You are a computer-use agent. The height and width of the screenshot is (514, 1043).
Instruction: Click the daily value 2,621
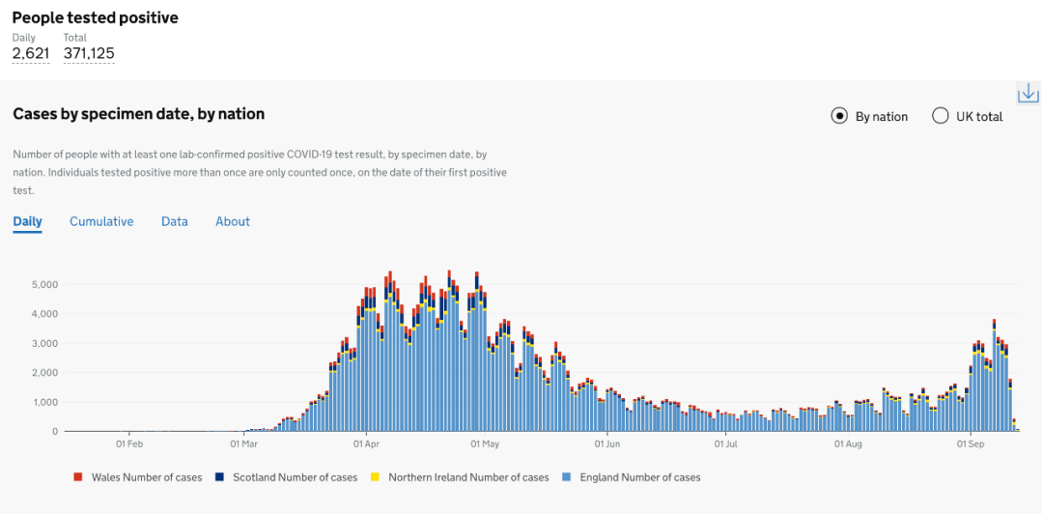point(31,53)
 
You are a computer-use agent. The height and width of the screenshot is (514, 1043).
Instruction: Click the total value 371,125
point(89,53)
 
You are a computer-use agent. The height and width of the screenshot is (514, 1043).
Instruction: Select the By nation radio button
point(839,116)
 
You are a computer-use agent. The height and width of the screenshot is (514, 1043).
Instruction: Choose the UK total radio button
point(941,116)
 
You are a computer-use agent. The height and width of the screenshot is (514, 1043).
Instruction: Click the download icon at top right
point(1028,94)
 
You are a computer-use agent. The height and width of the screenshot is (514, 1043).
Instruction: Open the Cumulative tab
point(101,221)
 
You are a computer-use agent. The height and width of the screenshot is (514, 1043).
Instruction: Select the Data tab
point(175,221)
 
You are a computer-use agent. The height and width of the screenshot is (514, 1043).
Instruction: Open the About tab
point(233,221)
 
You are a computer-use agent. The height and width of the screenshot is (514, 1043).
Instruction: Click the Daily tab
point(27,221)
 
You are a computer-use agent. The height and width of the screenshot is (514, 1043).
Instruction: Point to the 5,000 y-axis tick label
point(45,285)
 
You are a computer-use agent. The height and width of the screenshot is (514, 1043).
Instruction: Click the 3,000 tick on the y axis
point(45,343)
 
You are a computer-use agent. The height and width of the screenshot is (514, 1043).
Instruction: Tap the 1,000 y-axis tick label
point(45,402)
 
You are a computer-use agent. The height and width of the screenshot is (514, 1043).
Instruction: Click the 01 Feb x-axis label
point(129,444)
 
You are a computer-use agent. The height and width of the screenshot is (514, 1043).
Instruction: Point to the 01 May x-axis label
point(485,444)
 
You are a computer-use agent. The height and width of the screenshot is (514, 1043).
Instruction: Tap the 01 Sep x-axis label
point(970,444)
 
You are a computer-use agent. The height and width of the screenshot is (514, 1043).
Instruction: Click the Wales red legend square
point(78,477)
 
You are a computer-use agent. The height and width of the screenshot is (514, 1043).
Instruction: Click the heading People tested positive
point(95,17)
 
